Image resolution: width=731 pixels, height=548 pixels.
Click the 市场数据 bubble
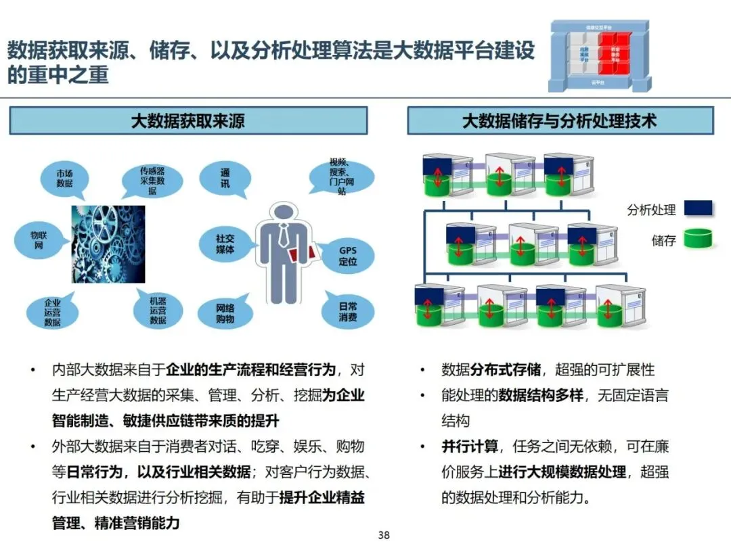click(64, 178)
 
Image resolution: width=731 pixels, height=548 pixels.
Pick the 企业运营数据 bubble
click(52, 312)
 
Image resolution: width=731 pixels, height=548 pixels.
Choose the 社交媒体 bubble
click(225, 244)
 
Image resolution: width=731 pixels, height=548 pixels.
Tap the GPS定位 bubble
click(347, 255)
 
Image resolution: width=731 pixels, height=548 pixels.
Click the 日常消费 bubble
click(348, 311)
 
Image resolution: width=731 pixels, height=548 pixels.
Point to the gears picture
click(108, 244)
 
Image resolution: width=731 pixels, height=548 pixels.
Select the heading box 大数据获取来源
click(187, 121)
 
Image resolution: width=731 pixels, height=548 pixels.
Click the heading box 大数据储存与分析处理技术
click(560, 121)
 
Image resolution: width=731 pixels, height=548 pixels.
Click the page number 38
click(384, 535)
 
